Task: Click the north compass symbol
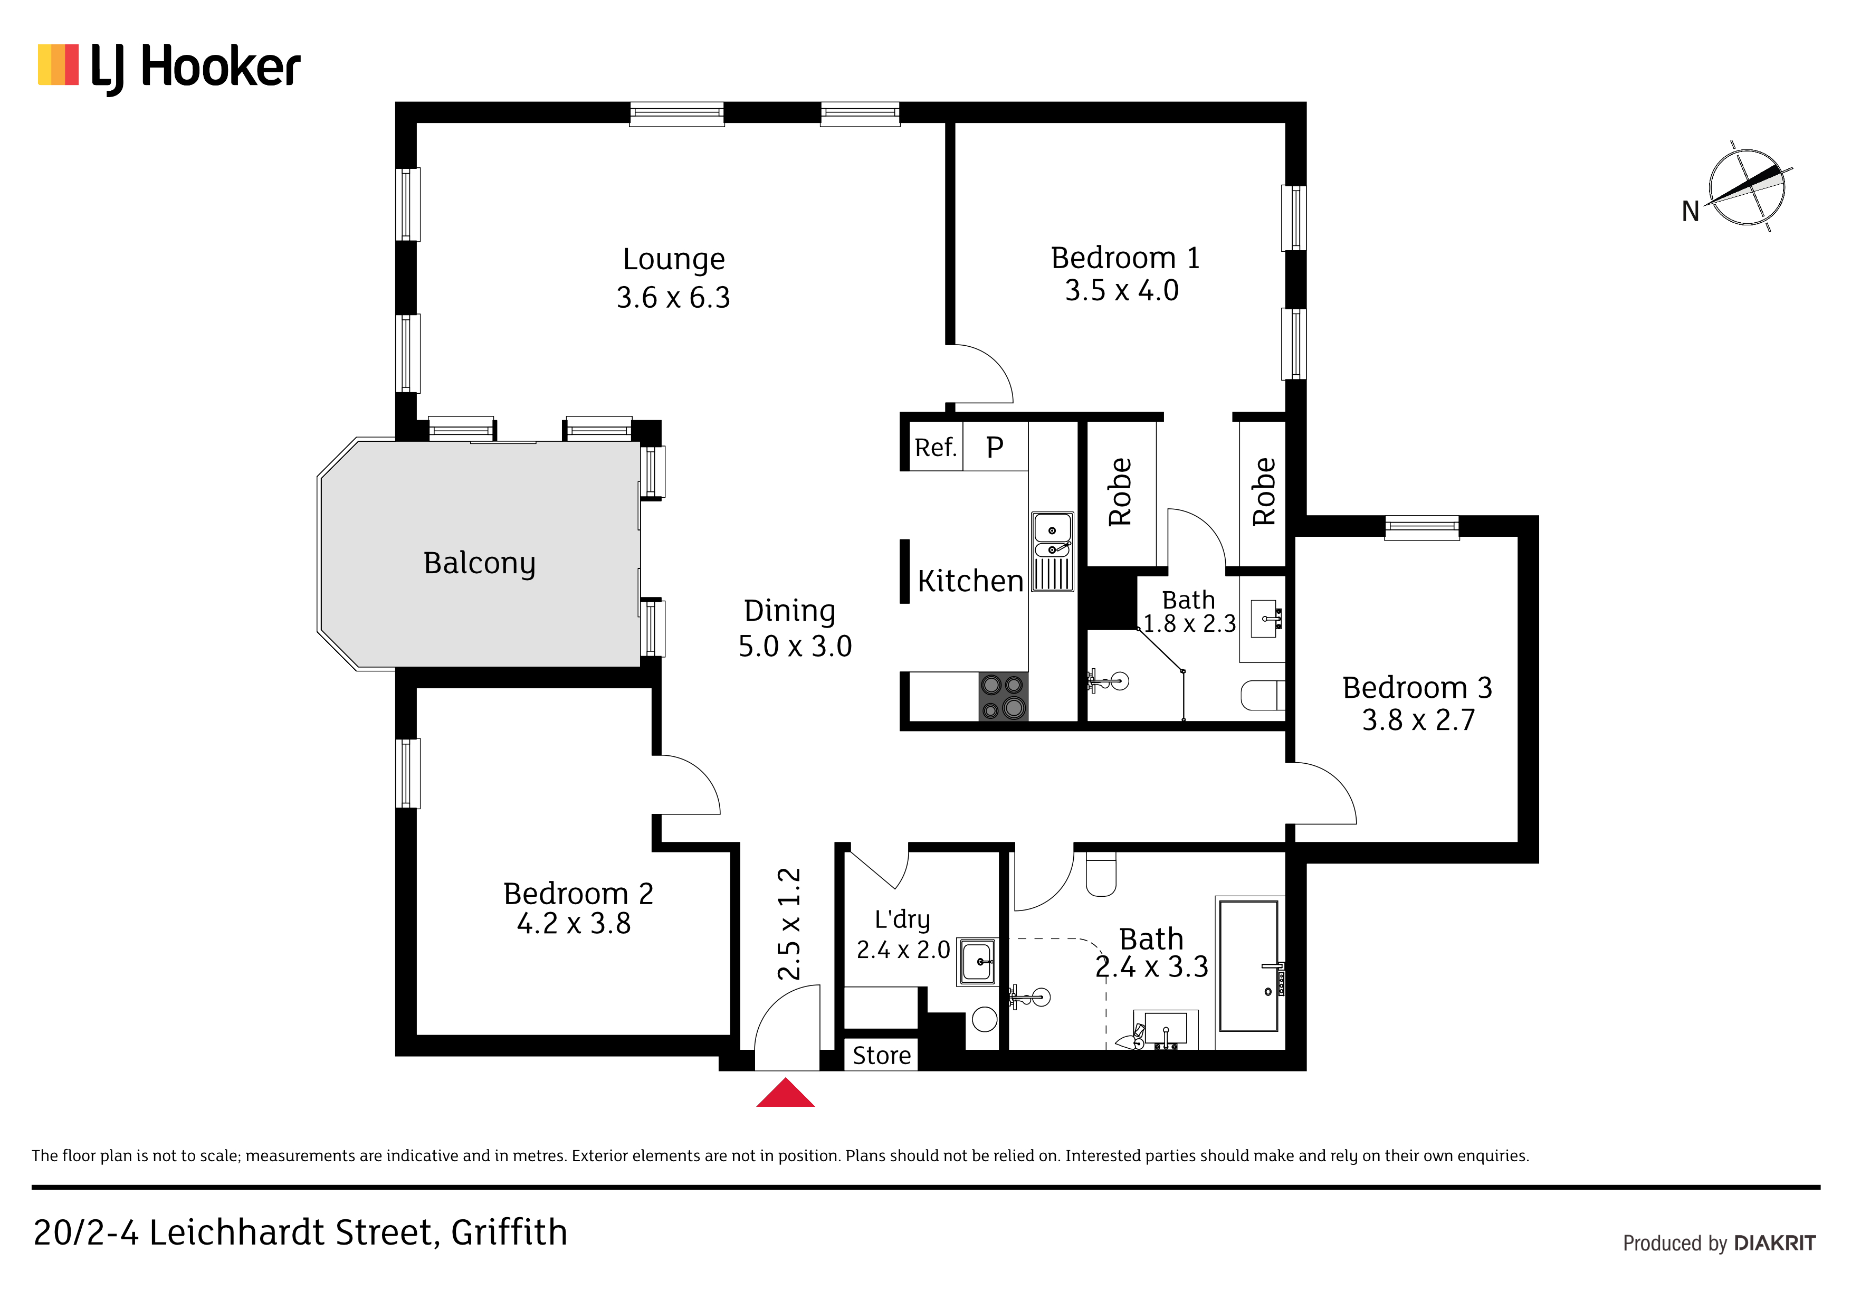pyautogui.click(x=1746, y=187)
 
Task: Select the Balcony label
pyautogui.click(x=480, y=563)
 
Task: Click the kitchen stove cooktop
pyautogui.click(x=1003, y=696)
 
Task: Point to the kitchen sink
pyautogui.click(x=1052, y=552)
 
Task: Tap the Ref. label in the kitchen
pyautogui.click(x=935, y=447)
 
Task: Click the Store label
pyautogui.click(x=882, y=1055)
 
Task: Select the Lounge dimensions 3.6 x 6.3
pyautogui.click(x=673, y=298)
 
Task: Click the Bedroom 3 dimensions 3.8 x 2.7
pyautogui.click(x=1418, y=719)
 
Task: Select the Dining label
pyautogui.click(x=789, y=611)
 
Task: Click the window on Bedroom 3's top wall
pyautogui.click(x=1422, y=528)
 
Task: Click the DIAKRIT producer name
pyautogui.click(x=1774, y=1243)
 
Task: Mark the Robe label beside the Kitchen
pyautogui.click(x=1120, y=492)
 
